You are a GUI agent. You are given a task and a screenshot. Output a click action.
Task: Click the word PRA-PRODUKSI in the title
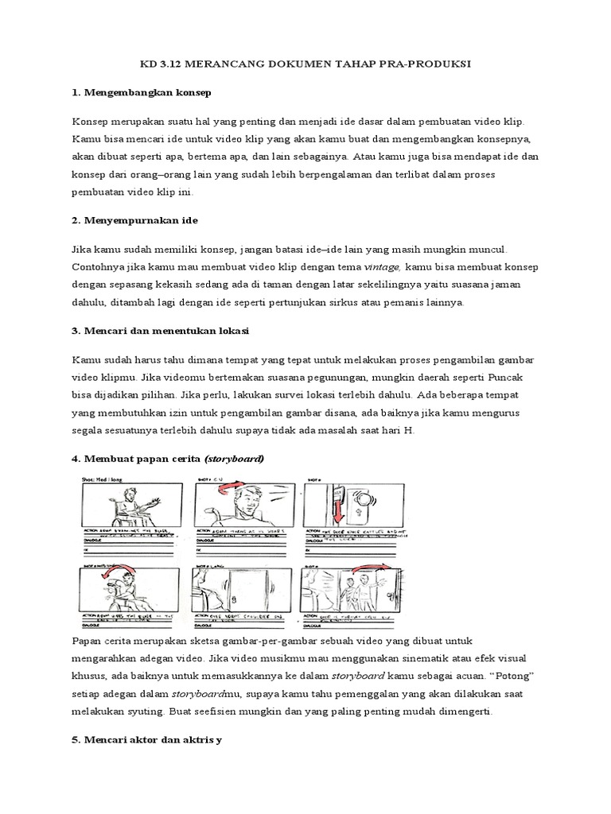[426, 64]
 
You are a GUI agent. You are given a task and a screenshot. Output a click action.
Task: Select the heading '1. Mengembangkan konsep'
[141, 93]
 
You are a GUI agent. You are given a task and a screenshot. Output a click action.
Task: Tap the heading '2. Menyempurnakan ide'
[134, 219]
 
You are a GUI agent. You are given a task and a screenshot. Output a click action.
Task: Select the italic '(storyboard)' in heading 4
[234, 459]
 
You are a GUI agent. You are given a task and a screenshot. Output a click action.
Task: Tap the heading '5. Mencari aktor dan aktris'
[146, 740]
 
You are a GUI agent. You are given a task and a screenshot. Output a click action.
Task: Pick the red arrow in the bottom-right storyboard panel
[372, 568]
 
